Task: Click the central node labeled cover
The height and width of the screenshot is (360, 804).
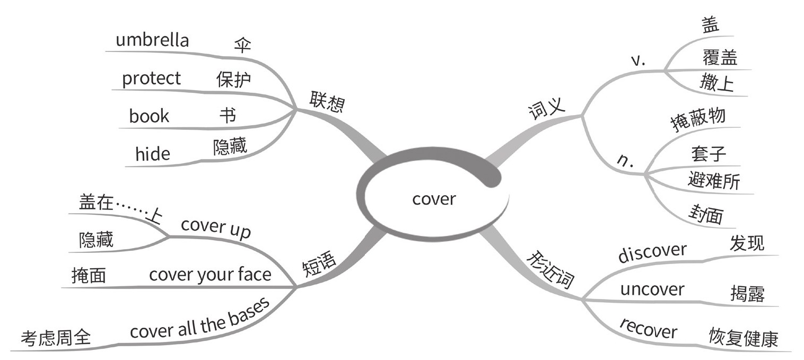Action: pyautogui.click(x=433, y=199)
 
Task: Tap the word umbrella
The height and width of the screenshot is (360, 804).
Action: pyautogui.click(x=152, y=40)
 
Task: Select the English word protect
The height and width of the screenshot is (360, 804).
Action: pyautogui.click(x=151, y=79)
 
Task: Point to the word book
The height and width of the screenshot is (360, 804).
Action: pyautogui.click(x=149, y=116)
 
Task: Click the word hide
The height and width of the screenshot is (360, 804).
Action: pyautogui.click(x=153, y=154)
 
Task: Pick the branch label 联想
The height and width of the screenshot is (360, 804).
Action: pyautogui.click(x=327, y=101)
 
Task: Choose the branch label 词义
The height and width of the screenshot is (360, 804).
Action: pyautogui.click(x=547, y=110)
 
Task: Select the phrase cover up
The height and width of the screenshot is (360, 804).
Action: pyautogui.click(x=215, y=229)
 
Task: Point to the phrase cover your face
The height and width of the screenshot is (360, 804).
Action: pyautogui.click(x=210, y=275)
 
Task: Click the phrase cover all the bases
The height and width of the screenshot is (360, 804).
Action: pyautogui.click(x=200, y=319)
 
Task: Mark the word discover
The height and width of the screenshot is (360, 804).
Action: pyautogui.click(x=652, y=252)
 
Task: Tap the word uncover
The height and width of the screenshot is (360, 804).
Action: pyautogui.click(x=652, y=289)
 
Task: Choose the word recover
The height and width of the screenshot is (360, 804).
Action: pyautogui.click(x=648, y=329)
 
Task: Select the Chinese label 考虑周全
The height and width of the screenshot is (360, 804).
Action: pyautogui.click(x=56, y=338)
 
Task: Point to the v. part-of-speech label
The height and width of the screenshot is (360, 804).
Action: pyautogui.click(x=637, y=61)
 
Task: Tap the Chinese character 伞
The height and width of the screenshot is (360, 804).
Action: pyautogui.click(x=242, y=46)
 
